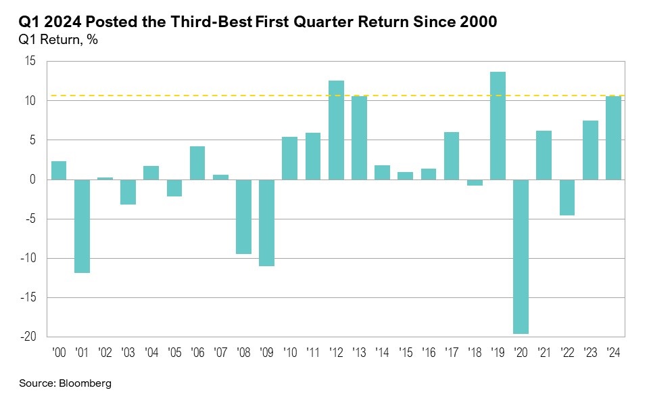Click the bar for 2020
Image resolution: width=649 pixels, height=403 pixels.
point(521,257)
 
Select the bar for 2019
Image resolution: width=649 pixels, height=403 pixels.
point(498,126)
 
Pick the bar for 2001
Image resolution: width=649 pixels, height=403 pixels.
point(82,226)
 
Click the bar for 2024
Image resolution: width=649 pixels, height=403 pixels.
point(612,137)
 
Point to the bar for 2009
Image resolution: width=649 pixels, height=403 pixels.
point(267,223)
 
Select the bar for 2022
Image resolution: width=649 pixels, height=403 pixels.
point(567,197)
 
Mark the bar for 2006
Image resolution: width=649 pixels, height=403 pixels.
point(197,163)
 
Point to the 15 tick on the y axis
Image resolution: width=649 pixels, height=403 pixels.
point(30,62)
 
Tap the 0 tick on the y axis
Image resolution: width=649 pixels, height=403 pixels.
point(32,179)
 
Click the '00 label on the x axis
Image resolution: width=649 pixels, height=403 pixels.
point(59,352)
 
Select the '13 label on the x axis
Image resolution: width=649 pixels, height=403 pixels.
point(359,352)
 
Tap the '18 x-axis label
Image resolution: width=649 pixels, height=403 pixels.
point(475,352)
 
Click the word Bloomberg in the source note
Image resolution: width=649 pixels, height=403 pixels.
point(85,383)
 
